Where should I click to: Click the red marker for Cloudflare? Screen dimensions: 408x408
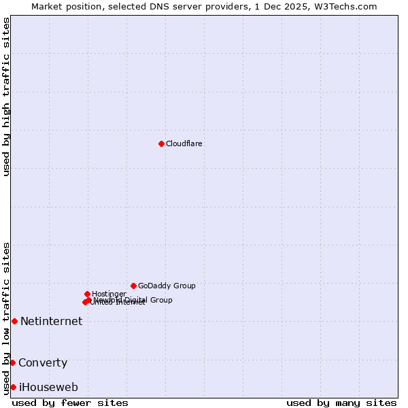pyautogui.click(x=161, y=143)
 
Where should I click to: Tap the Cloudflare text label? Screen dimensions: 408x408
pyautogui.click(x=184, y=144)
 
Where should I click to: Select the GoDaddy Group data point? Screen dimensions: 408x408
pyautogui.click(x=133, y=286)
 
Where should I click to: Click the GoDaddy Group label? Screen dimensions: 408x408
pyautogui.click(x=167, y=286)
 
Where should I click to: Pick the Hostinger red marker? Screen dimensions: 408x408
pyautogui.click(x=87, y=294)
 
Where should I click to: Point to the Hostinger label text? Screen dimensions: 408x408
pyautogui.click(x=109, y=294)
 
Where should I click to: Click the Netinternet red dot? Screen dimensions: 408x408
pyautogui.click(x=14, y=321)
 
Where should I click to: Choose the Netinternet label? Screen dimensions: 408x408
pyautogui.click(x=51, y=322)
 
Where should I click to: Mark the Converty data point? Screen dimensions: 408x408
pyautogui.click(x=12, y=362)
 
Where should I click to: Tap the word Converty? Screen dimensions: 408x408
pyautogui.click(x=43, y=363)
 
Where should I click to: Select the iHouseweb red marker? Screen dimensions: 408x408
pyautogui.click(x=13, y=387)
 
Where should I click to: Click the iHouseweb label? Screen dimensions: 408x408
pyautogui.click(x=48, y=388)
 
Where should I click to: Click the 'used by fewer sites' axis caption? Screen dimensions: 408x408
pyautogui.click(x=70, y=403)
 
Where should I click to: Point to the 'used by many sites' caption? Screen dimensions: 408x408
pyautogui.click(x=341, y=403)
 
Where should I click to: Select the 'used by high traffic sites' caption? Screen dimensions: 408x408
pyautogui.click(x=7, y=97)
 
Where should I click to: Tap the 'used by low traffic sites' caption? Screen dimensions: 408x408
pyautogui.click(x=7, y=318)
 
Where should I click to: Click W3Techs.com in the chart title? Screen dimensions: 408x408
pyautogui.click(x=349, y=6)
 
